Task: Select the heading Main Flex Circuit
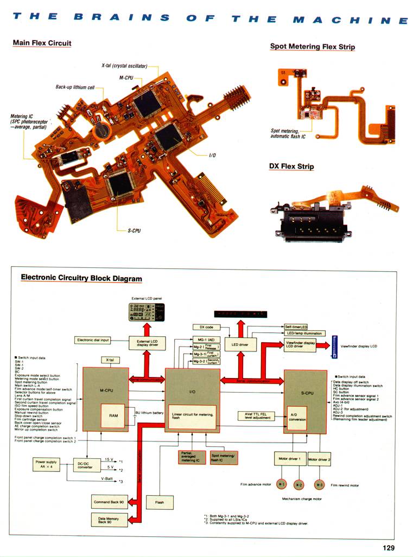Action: [x=42, y=43]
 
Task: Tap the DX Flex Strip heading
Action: [x=291, y=166]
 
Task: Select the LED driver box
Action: [x=240, y=345]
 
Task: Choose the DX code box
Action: [x=206, y=327]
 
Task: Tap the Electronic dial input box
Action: [x=93, y=340]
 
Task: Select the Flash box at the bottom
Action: [x=160, y=502]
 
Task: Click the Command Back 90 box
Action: [x=110, y=502]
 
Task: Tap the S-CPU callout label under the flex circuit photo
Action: [x=134, y=231]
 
